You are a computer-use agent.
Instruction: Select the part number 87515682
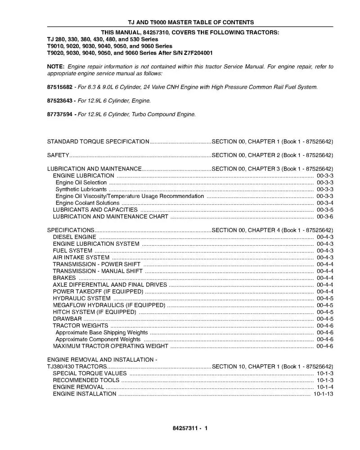pos(60,87)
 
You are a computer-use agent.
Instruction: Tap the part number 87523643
pos(60,101)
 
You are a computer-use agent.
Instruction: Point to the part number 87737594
pos(60,115)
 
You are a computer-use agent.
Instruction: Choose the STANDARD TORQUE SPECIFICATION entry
pos(98,142)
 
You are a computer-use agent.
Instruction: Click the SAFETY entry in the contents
pos(58,155)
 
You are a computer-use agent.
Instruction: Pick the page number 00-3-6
pos(324,216)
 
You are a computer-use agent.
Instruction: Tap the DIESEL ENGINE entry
pos(74,237)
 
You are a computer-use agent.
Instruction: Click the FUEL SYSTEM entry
pos(72,251)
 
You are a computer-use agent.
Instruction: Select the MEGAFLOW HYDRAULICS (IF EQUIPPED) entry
pos(109,305)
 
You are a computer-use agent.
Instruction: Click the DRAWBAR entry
pos(67,319)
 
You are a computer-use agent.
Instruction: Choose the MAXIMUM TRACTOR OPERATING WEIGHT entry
pos(110,346)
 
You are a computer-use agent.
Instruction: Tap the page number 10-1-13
pos(323,394)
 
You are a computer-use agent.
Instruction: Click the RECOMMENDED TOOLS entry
pos(86,380)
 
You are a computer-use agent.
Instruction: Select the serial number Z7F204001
pos(197,53)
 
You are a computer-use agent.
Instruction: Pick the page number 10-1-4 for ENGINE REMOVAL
pos(324,387)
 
